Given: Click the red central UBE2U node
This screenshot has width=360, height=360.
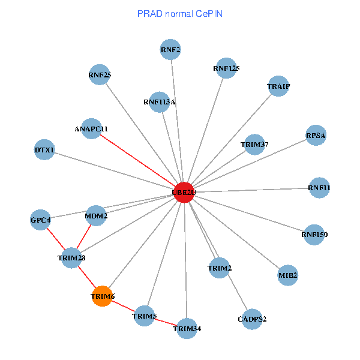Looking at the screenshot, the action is (x=184, y=193).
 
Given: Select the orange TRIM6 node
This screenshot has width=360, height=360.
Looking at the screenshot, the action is (x=103, y=296).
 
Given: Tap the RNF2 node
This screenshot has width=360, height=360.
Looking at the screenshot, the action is (x=171, y=50).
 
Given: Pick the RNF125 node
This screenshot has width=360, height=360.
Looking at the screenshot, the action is (x=226, y=68).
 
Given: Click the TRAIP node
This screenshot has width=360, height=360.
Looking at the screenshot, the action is (x=278, y=86).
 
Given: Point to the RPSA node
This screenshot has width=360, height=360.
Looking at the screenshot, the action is (x=316, y=136).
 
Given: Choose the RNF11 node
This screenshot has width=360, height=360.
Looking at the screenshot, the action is (x=319, y=188).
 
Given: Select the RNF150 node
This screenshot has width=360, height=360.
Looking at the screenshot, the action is (x=314, y=235).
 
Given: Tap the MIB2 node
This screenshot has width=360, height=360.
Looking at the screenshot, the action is (x=288, y=275).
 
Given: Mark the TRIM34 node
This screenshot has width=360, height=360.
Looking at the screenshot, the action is (x=187, y=328).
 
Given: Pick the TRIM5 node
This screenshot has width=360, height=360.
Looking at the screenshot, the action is (x=144, y=316).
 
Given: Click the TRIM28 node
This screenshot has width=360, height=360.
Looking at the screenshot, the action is (x=72, y=258).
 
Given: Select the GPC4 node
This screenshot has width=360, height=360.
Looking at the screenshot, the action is (x=41, y=220).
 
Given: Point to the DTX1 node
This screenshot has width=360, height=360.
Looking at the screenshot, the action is (x=44, y=149).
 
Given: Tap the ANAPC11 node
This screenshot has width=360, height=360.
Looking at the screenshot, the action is (x=91, y=128).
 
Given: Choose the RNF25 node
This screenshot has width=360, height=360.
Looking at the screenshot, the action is (x=99, y=75).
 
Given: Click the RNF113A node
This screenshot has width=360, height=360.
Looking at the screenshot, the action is (x=159, y=102).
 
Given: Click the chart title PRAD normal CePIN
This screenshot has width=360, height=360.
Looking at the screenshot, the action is (x=180, y=13).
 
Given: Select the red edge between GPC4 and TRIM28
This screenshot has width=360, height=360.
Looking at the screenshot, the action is (x=56, y=239).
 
